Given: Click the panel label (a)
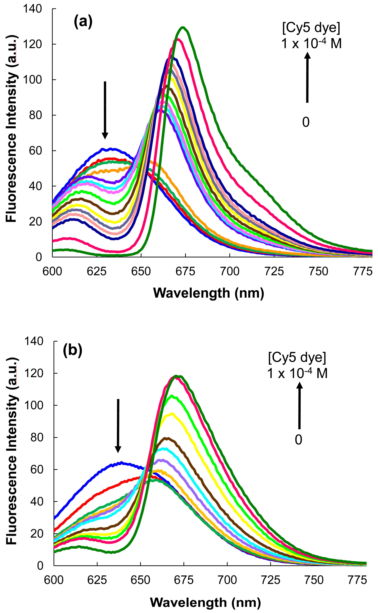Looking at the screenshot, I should pyautogui.click(x=83, y=22).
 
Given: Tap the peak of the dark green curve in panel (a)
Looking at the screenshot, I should pyautogui.click(x=183, y=28).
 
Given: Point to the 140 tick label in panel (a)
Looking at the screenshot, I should pyautogui.click(x=32, y=9).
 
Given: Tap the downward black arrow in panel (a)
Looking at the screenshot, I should pyautogui.click(x=105, y=110).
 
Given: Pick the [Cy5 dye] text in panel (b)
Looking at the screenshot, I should pyautogui.click(x=297, y=358).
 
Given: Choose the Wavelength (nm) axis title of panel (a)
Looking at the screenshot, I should pyautogui.click(x=209, y=293).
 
